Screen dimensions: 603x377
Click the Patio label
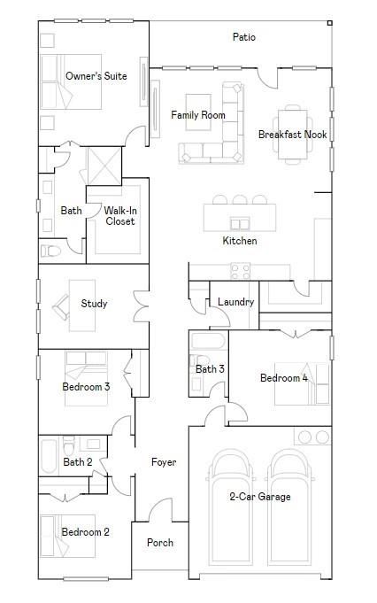point(244,37)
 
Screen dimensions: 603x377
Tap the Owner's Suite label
point(96,76)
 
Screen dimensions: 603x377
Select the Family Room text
point(198,115)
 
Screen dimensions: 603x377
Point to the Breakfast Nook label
point(292,135)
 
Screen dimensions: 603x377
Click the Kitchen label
point(240,241)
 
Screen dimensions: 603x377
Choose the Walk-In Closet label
point(120,216)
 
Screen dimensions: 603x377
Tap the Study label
point(94,304)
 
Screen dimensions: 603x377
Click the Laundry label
point(236,302)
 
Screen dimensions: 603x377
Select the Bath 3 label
point(210,369)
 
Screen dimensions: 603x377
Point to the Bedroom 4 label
point(284,378)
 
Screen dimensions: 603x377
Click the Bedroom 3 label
point(86,387)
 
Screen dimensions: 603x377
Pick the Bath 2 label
point(78,462)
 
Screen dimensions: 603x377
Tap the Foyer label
point(164,462)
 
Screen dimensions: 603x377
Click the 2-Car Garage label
point(260,497)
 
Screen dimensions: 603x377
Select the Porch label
point(160,543)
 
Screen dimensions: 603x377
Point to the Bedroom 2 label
point(86,532)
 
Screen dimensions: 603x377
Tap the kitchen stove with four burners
point(240,270)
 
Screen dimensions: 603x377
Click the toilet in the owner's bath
point(50,251)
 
